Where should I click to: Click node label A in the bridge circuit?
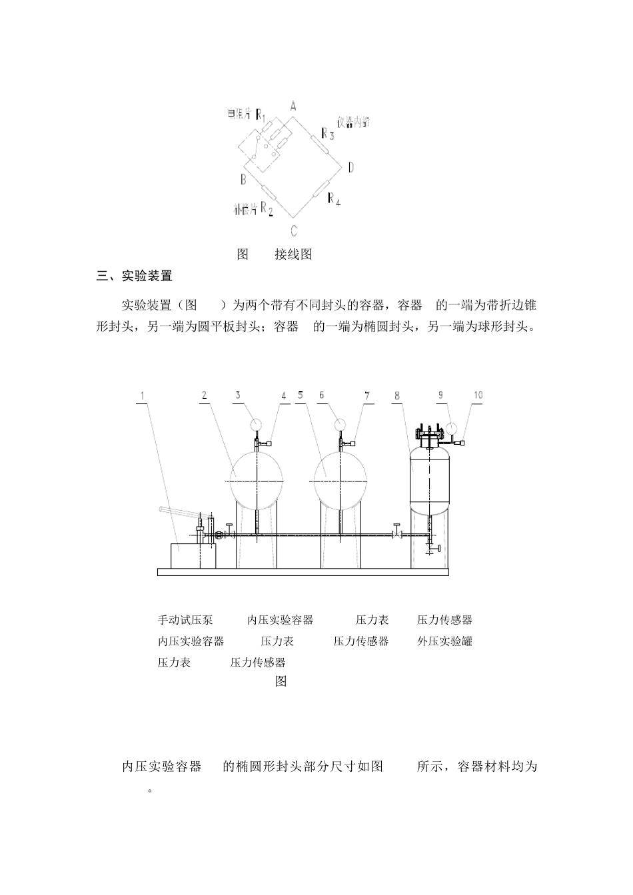[x=293, y=105]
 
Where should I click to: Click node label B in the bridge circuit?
[x=243, y=178]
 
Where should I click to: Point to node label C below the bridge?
[x=293, y=231]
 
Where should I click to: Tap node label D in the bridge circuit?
[x=350, y=166]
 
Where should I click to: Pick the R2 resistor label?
[x=267, y=208]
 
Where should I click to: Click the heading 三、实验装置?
[x=135, y=276]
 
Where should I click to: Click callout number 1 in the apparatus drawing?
[x=142, y=396]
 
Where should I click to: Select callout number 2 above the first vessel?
[x=205, y=396]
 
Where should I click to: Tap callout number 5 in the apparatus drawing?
[x=301, y=396]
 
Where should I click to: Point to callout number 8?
[x=396, y=396]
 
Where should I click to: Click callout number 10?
[x=478, y=396]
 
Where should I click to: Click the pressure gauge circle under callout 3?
[x=256, y=424]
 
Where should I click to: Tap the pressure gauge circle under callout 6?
[x=340, y=424]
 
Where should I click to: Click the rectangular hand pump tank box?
[x=193, y=555]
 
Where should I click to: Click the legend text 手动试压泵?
[x=185, y=620]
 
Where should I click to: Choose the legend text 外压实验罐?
[x=445, y=641]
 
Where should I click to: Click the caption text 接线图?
[x=293, y=254]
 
